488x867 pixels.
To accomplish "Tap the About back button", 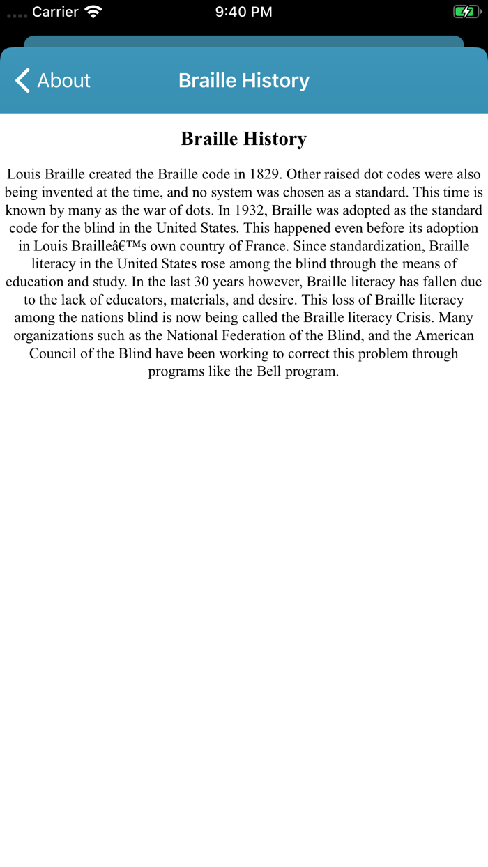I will (x=52, y=81).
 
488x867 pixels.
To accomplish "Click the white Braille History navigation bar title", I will (x=243, y=81).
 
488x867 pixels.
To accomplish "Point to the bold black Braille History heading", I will (x=243, y=139).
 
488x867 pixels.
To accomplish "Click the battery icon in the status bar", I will (x=465, y=12).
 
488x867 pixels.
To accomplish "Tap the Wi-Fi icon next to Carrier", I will (x=93, y=12).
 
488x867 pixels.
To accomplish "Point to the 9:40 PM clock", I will (x=243, y=12).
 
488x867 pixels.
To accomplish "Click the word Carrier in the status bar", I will (x=55, y=12).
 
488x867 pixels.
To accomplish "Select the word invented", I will (x=71, y=192).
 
